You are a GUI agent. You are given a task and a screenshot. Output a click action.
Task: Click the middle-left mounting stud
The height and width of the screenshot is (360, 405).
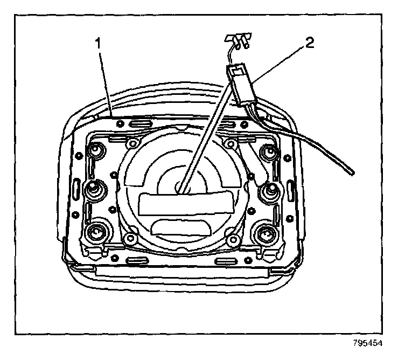point(93,188)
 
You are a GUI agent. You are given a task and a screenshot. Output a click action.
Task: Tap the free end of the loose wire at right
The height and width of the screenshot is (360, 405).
point(353,172)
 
